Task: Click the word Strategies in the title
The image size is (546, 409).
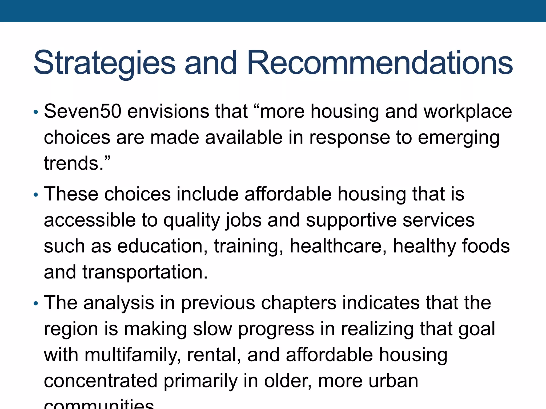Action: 105,63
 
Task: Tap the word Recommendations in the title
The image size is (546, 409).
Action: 380,63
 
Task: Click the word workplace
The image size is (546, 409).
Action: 468,112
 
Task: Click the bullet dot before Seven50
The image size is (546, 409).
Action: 36,112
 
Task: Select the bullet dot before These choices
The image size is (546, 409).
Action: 36,195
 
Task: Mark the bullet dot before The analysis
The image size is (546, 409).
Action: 36,304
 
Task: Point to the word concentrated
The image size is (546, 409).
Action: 101,381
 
